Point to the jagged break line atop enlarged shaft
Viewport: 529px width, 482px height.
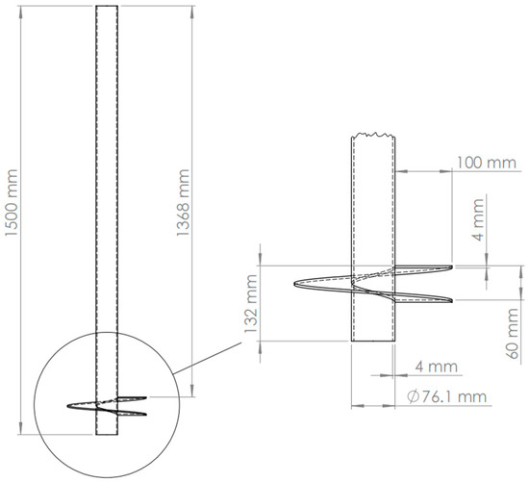372,137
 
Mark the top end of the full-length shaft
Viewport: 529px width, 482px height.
106,7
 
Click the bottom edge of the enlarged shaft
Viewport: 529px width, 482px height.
372,341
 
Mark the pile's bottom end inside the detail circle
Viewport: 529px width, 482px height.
106,436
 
